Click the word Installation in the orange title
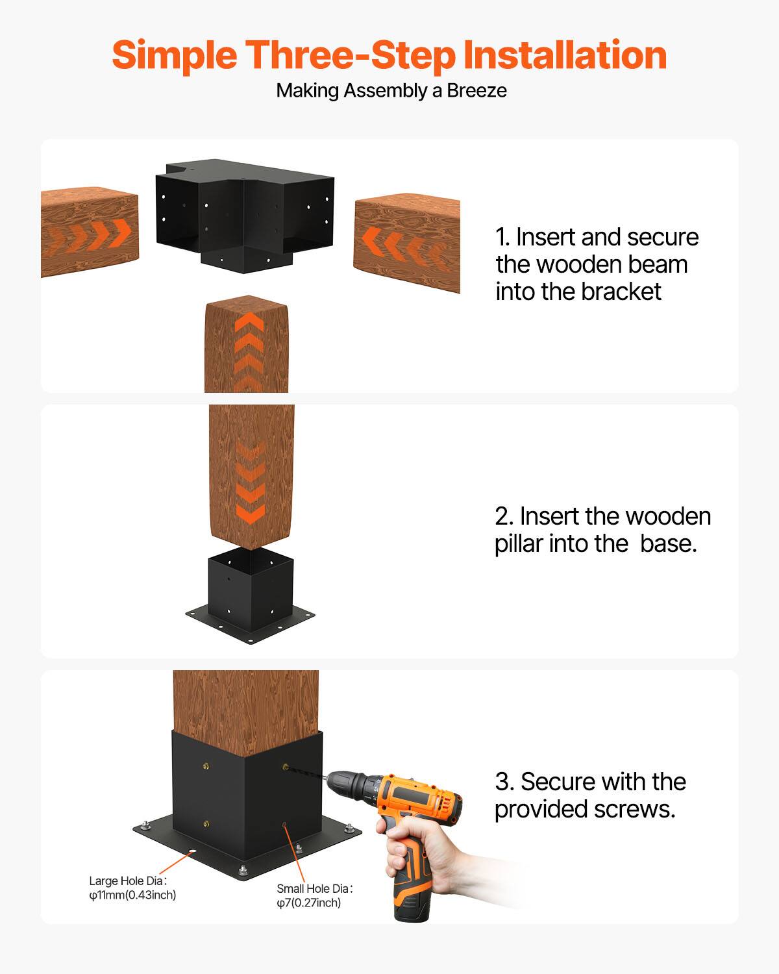pyautogui.click(x=564, y=55)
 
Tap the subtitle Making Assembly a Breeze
pyautogui.click(x=391, y=90)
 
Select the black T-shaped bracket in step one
pyautogui.click(x=245, y=211)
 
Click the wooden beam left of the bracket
pyautogui.click(x=89, y=232)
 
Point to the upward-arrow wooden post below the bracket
pyautogui.click(x=247, y=344)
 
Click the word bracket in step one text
pyautogui.click(x=621, y=292)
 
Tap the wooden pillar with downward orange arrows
pyautogui.click(x=251, y=474)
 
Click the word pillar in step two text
pyautogui.click(x=519, y=543)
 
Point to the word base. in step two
pyautogui.click(x=669, y=543)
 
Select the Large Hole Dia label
pyautogui.click(x=128, y=881)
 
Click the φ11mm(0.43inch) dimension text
pyautogui.click(x=132, y=895)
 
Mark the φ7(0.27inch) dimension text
pyautogui.click(x=308, y=903)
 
